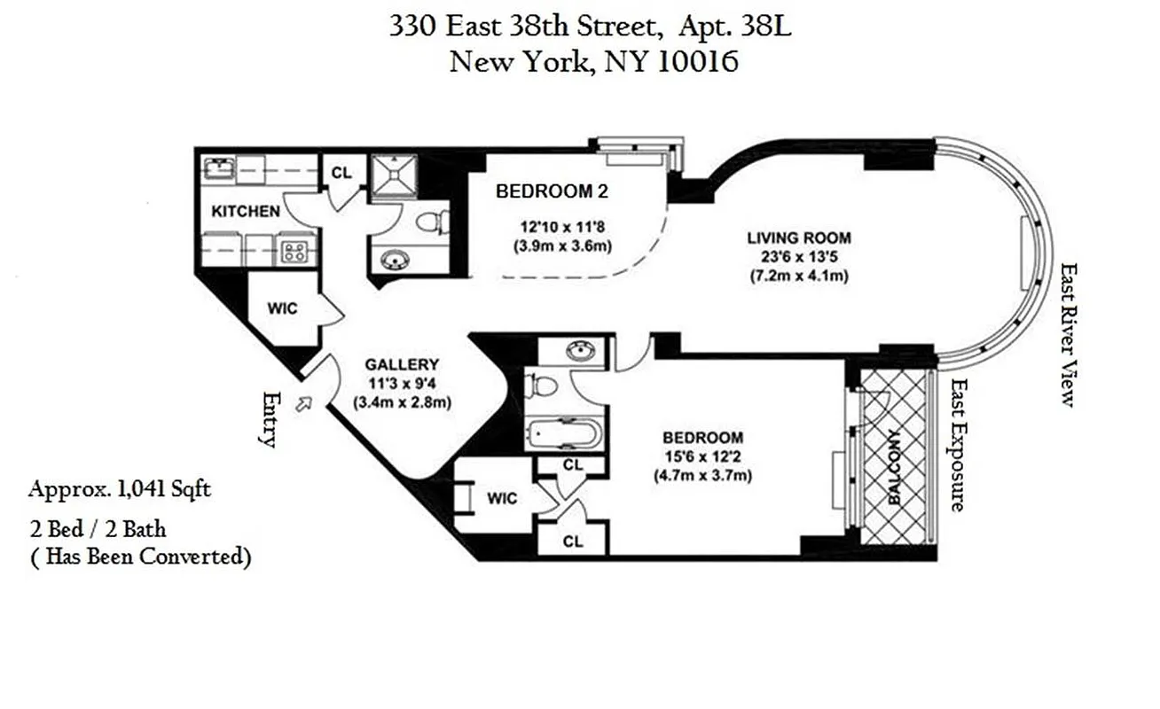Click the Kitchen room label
(x=246, y=211)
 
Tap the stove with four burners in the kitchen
(x=294, y=251)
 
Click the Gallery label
(x=403, y=364)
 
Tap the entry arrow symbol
(x=305, y=404)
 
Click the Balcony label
(x=893, y=466)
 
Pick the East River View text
(x=1069, y=334)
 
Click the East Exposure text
(x=956, y=445)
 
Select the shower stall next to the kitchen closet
(x=392, y=175)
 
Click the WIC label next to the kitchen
(x=282, y=308)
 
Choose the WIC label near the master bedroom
(x=501, y=498)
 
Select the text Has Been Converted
(x=142, y=557)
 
